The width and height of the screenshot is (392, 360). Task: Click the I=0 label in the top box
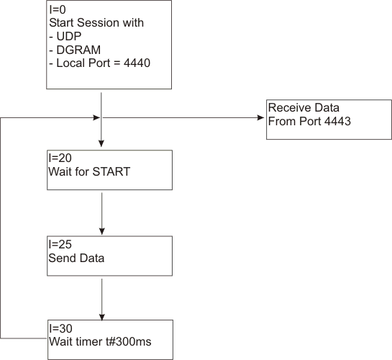(x=58, y=10)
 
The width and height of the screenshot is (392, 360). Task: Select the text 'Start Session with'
(x=96, y=23)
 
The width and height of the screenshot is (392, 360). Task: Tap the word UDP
(x=69, y=36)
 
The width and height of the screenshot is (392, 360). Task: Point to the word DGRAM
(x=78, y=50)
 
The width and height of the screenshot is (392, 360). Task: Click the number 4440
(x=137, y=63)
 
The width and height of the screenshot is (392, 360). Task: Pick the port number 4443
(x=337, y=122)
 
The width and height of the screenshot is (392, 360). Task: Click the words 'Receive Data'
(x=304, y=108)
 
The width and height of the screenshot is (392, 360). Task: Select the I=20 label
(x=60, y=158)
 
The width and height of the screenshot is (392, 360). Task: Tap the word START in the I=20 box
(x=111, y=172)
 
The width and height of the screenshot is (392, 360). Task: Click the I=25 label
(x=60, y=244)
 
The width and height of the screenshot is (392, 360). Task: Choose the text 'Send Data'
(x=76, y=258)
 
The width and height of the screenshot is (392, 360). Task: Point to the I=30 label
(x=61, y=328)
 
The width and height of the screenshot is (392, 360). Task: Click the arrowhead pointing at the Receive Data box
(x=261, y=117)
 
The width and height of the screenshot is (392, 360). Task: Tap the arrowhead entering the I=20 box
(x=101, y=143)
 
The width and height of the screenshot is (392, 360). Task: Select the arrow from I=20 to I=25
(x=101, y=214)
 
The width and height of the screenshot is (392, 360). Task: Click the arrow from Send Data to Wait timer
(x=101, y=300)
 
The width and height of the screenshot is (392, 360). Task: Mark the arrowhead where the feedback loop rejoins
(x=96, y=117)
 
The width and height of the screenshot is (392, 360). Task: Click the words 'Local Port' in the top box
(x=83, y=63)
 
